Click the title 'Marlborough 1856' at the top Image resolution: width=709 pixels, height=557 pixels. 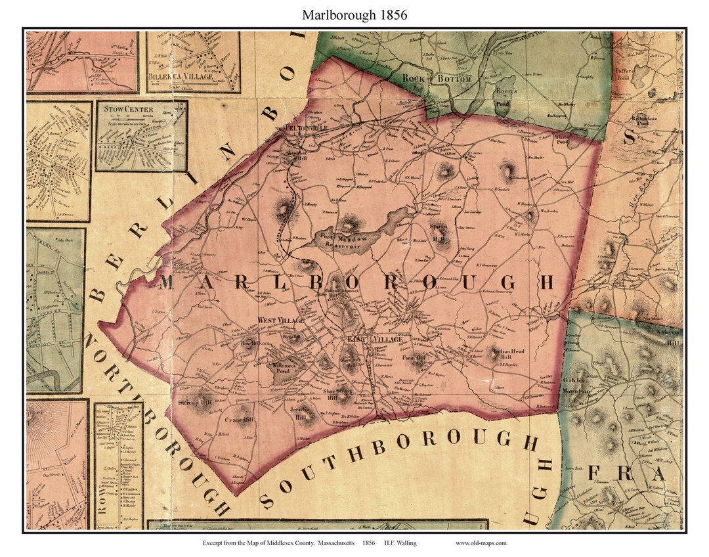coord(354,14)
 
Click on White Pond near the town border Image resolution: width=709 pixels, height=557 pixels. coord(562,139)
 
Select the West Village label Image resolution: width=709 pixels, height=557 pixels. coord(280,320)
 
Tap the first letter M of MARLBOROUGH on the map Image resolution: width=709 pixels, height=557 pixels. coord(167,282)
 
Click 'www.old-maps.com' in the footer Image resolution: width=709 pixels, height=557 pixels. coord(481,543)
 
